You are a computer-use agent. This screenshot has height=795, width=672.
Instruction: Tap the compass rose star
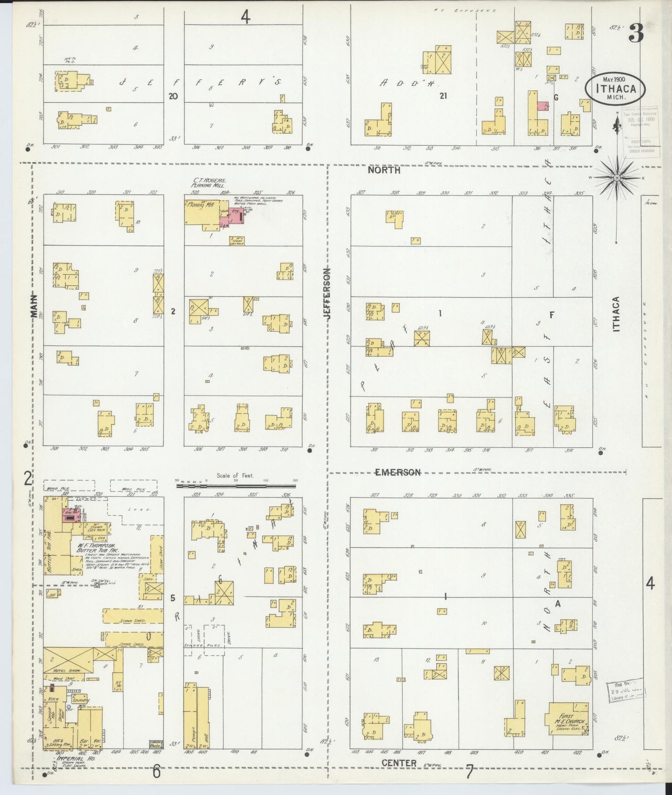point(617,178)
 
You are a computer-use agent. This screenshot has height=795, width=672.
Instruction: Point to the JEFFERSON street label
point(328,293)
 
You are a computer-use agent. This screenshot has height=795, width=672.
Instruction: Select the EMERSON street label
point(398,472)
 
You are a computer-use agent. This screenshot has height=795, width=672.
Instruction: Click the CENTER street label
point(399,763)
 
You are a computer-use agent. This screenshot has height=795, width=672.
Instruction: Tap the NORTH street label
point(384,170)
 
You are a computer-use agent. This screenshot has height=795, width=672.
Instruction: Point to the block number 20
point(173,96)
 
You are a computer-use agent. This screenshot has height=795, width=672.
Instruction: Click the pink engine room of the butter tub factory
point(71,516)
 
